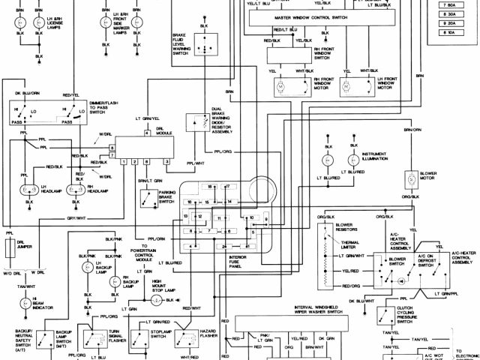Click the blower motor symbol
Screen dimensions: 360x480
coord(412,179)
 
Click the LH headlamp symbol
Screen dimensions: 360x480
coord(30,189)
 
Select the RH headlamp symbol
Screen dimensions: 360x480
coord(75,189)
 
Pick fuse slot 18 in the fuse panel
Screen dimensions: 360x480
coord(211,186)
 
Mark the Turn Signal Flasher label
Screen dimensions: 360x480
coord(115,334)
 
